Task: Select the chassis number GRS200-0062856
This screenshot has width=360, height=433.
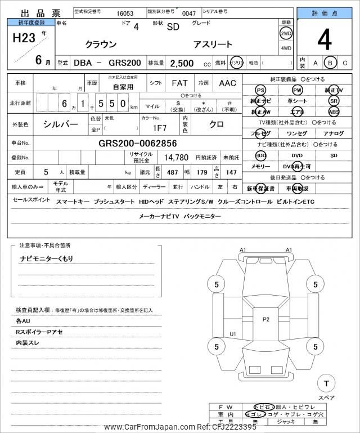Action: pos(137,143)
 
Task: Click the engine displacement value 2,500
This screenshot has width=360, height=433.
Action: pos(182,63)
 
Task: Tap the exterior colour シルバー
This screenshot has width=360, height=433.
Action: pos(61,124)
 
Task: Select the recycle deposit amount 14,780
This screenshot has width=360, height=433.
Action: pos(176,158)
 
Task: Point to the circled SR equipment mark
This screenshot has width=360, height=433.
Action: pos(334,101)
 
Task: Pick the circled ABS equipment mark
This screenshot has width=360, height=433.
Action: pos(334,111)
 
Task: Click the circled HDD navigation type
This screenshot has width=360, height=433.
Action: pos(260,155)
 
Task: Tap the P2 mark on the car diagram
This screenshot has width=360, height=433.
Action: pos(266,319)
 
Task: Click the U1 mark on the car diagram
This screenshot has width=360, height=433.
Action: pos(233,334)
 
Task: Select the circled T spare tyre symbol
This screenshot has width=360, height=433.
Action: pos(326,383)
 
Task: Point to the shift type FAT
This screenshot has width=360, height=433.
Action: pos(179,83)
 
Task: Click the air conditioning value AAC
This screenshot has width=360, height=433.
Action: pos(227,83)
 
